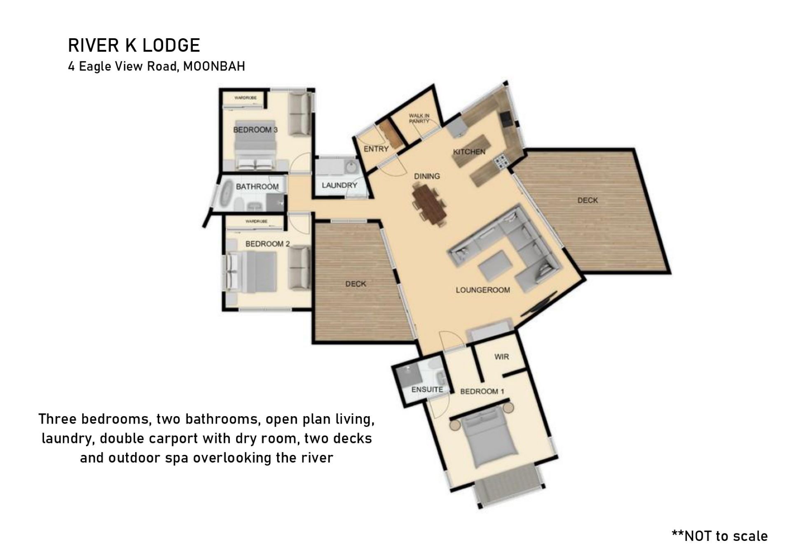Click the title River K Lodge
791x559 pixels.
coord(134,45)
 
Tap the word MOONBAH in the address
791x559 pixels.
coord(214,66)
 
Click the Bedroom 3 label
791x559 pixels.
coord(255,130)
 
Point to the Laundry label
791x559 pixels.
coord(339,185)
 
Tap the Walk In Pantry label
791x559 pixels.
coord(419,119)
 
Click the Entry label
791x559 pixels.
coord(376,149)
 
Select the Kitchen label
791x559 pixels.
coord(469,151)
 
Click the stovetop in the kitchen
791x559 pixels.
coord(501,162)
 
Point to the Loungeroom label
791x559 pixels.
coord(483,290)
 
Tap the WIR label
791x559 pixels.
coord(501,356)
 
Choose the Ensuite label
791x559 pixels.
coord(427,389)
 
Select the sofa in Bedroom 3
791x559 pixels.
coord(299,115)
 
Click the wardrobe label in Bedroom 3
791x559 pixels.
coord(246,98)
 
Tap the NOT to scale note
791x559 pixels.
coord(720,536)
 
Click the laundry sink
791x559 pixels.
coord(351,168)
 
